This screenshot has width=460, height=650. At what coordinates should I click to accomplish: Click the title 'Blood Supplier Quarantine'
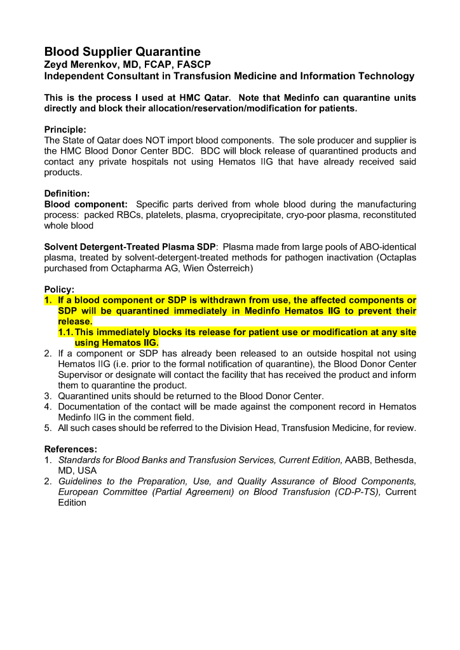point(122,51)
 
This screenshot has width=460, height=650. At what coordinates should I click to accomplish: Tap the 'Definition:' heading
point(67,193)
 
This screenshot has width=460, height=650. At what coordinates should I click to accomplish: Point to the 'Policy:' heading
point(59,289)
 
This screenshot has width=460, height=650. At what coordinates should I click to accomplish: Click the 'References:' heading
point(71,449)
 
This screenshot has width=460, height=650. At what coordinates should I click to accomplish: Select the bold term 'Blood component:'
point(86,204)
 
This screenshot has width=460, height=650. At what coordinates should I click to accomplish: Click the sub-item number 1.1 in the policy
point(65,332)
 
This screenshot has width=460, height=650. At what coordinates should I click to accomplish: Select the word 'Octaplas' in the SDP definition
point(398,258)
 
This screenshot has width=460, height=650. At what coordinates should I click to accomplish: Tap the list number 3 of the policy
point(48,396)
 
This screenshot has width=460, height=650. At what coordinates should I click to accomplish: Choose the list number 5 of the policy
point(48,428)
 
